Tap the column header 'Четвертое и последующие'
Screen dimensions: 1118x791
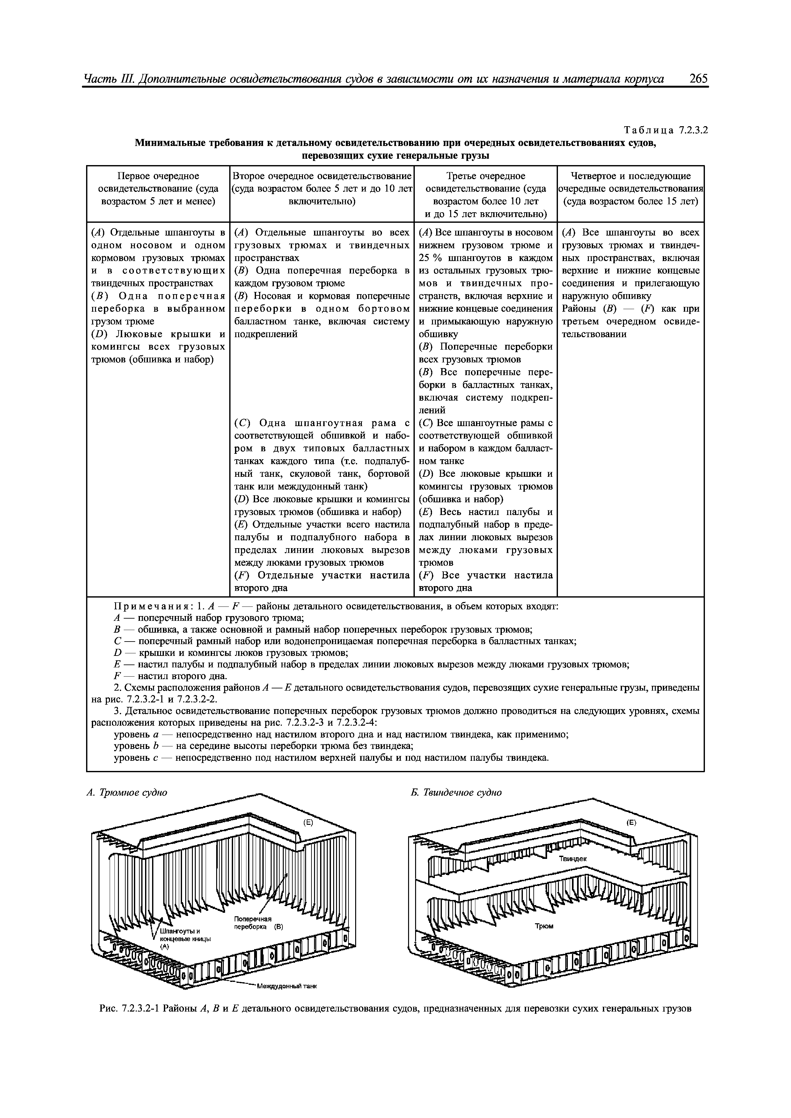631,176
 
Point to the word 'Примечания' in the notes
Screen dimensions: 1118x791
153,606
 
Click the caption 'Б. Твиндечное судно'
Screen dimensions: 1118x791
456,792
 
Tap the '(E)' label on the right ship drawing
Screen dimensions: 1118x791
631,823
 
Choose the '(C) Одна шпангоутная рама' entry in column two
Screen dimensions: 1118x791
321,423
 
